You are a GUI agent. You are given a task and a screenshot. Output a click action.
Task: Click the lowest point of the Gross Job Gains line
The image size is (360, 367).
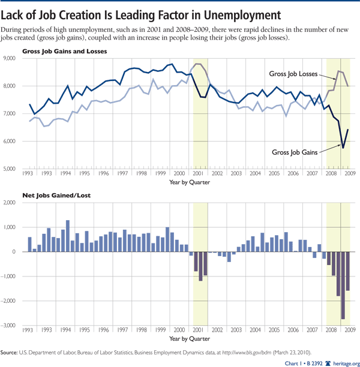pyautogui.click(x=343, y=148)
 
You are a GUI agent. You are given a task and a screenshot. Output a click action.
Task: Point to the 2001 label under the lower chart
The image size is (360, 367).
pyautogui.click(x=200, y=330)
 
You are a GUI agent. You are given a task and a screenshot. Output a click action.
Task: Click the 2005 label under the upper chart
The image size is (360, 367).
pyautogui.click(x=274, y=173)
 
